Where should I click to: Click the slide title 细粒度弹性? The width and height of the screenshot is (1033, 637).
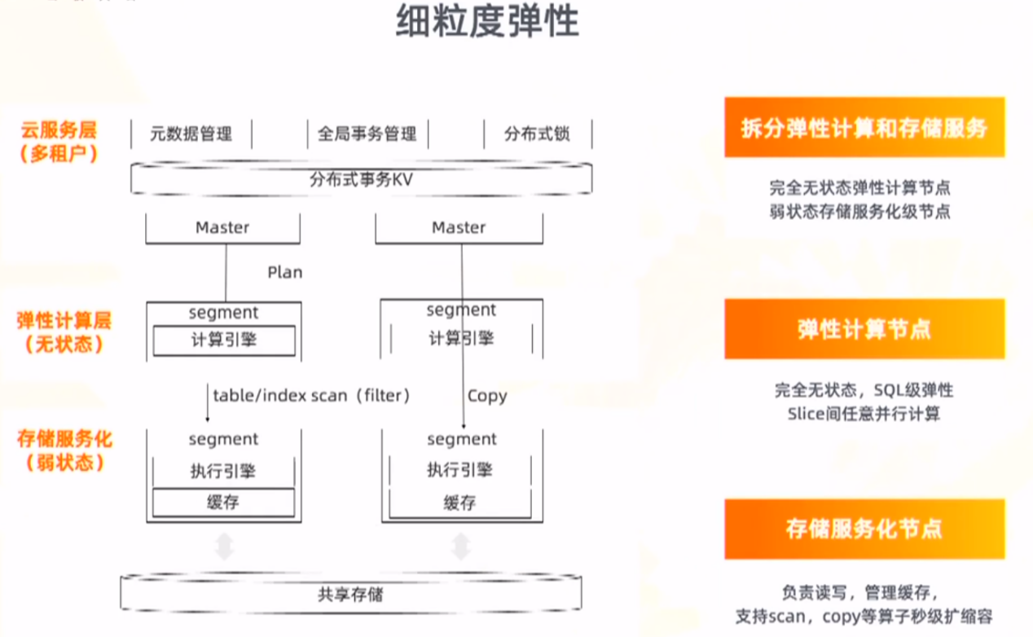pos(487,22)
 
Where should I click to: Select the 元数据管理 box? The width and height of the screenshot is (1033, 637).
pos(191,134)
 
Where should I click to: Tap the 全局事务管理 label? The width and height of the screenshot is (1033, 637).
pos(367,134)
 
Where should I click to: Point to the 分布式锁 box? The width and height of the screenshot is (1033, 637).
pos(537,134)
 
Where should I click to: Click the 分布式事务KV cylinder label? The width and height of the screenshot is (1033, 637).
pos(361,180)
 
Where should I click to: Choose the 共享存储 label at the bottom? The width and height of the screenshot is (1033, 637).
pos(350,595)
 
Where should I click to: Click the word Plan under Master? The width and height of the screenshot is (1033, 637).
pos(284,272)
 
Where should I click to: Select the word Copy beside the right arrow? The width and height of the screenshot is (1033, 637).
pos(487,397)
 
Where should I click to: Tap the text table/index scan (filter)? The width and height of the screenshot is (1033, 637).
pos(311,396)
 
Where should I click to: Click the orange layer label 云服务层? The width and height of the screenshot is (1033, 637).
pos(59,130)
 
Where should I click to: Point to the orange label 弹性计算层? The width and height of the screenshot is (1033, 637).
pos(64,320)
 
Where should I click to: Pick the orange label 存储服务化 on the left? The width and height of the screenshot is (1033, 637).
pos(64,439)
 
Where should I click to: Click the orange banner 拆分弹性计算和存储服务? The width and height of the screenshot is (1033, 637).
pos(864,127)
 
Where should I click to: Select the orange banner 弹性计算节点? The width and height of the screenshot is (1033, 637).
pos(864,329)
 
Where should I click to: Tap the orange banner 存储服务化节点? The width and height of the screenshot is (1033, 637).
pos(864,529)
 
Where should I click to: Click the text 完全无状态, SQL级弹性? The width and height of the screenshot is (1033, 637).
pos(864,390)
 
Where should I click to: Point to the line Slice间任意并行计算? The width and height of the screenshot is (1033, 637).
pos(864,414)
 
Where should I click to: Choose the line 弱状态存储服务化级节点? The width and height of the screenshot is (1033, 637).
pos(859,212)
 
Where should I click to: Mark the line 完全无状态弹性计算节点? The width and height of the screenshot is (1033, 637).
pos(859,188)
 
